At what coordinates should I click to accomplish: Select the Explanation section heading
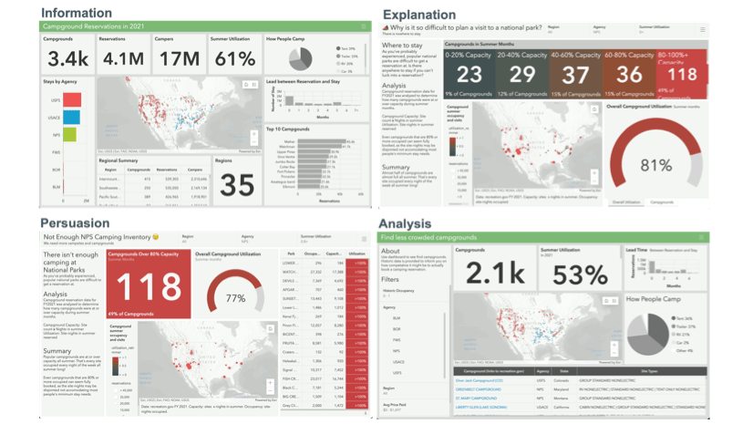tap(425, 15)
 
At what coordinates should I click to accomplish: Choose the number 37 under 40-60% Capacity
tap(577, 75)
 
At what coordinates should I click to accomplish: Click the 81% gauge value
tap(655, 165)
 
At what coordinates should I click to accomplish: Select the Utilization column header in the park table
tap(356, 254)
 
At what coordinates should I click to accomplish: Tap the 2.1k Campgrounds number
tap(493, 271)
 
